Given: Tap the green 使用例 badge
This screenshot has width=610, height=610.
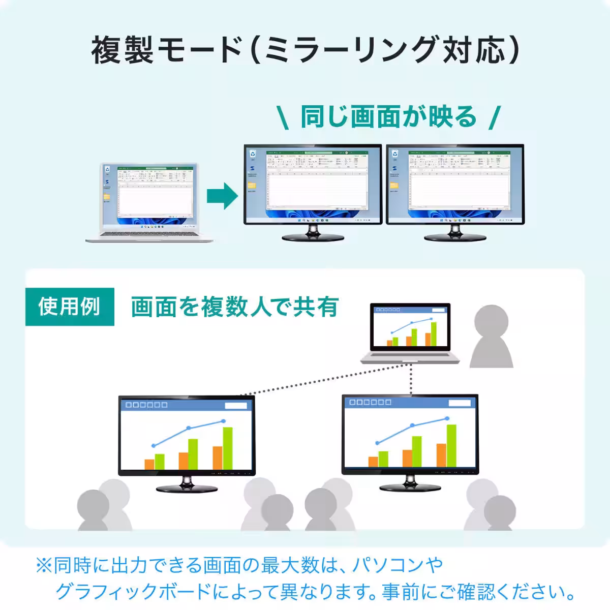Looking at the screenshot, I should pos(70,307).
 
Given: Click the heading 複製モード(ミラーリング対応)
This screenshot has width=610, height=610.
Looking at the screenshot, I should pos(305,50).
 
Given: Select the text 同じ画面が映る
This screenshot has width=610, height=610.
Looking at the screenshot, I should pos(388,117).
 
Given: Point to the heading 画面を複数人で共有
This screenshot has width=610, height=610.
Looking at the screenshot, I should pos(234,307).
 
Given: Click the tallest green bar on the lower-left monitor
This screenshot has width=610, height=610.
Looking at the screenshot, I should pos(227,448).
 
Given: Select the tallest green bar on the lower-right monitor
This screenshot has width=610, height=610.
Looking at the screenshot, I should pos(451,445).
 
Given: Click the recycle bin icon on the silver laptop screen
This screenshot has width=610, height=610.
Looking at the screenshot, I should pos(107,171).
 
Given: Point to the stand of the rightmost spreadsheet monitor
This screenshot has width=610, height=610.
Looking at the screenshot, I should pos(455,233).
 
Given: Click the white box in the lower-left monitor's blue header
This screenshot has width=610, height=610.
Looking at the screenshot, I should pos(236,405).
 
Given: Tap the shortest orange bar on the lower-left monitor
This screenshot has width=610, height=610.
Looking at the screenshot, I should pos(149,464).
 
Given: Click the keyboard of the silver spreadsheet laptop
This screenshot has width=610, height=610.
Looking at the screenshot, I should pos(147,233).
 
